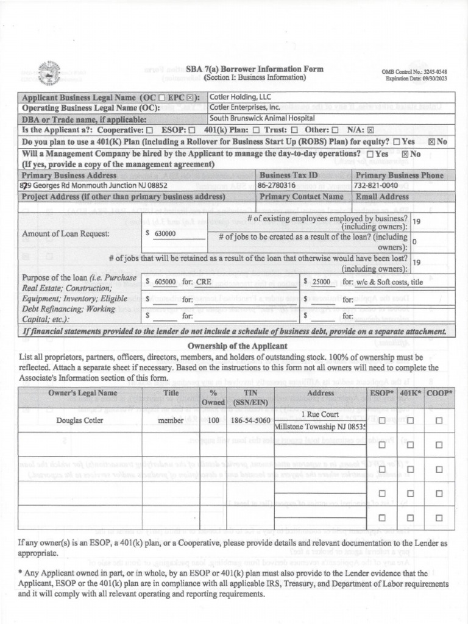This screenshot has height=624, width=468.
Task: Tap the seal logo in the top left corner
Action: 48,73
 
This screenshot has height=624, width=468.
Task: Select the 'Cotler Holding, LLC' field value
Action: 241,97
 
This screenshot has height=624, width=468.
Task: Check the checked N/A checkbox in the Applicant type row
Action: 370,130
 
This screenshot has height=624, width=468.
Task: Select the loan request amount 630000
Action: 165,233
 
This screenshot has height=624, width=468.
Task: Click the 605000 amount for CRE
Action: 165,282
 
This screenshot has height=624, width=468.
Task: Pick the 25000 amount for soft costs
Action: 321,282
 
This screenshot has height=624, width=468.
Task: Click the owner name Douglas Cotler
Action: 80,420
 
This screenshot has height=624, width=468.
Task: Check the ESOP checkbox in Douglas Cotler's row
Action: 382,420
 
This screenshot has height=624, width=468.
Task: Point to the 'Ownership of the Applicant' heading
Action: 233,347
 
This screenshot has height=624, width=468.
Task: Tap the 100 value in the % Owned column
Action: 213,420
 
